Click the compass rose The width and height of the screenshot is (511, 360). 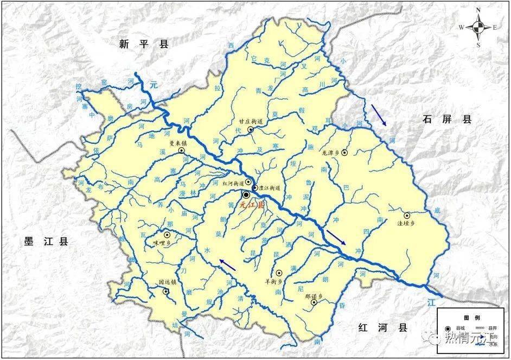478,27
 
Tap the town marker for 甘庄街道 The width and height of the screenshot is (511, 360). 251,130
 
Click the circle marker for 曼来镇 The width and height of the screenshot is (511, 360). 182,150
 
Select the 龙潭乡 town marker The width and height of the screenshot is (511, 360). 344,153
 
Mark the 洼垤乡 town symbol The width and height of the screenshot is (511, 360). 407,216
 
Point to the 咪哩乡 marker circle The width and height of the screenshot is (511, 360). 167,235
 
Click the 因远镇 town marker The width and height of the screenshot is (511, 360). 166,292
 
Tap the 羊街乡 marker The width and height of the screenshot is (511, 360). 279,273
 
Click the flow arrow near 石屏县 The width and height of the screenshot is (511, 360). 379,115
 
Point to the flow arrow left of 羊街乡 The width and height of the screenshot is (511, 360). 228,264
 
